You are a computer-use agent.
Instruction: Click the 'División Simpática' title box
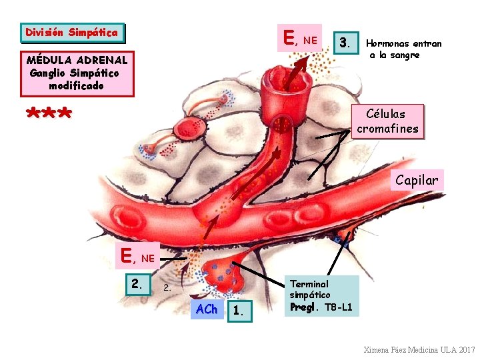[x=72, y=33]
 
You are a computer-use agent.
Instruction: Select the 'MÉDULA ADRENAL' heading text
[x=77, y=60]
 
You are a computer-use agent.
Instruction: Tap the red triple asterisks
[x=49, y=114]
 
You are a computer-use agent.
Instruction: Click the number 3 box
[x=344, y=43]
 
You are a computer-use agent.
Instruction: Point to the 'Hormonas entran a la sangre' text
[x=403, y=49]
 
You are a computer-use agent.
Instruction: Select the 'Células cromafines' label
[x=387, y=121]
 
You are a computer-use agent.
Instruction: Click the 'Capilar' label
[x=417, y=180]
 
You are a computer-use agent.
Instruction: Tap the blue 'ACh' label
[x=207, y=309]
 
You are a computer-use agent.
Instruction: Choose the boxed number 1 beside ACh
[x=238, y=311]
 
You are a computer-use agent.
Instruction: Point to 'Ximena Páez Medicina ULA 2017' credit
[x=419, y=350]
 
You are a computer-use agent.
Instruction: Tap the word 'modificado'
[x=76, y=86]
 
